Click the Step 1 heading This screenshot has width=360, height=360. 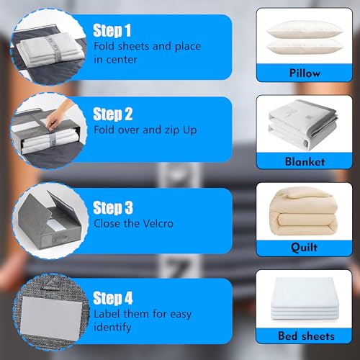click(112, 31)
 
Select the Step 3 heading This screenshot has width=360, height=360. click(113, 207)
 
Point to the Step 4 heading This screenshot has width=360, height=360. click(113, 297)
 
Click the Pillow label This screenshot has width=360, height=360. click(305, 73)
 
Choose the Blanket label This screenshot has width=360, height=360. click(305, 161)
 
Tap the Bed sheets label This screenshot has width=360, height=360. click(305, 336)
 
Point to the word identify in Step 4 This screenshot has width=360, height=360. click(112, 327)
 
